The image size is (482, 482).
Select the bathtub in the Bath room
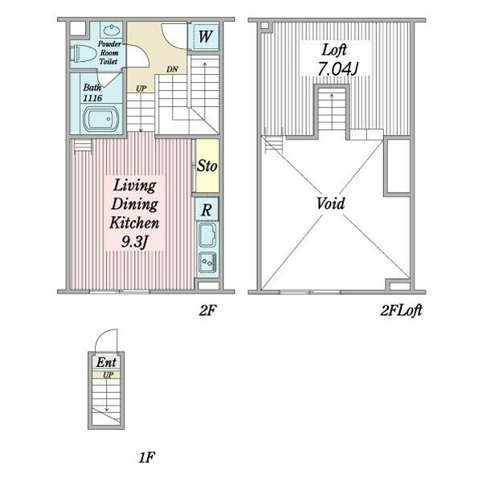(x=101, y=119)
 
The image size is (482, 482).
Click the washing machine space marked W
(x=205, y=36)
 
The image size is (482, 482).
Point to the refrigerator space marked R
(x=206, y=210)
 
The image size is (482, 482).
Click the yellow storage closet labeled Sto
(x=207, y=166)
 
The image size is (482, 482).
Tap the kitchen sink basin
(x=207, y=235)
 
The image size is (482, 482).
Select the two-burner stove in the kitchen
(x=207, y=262)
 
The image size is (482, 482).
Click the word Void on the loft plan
(x=331, y=203)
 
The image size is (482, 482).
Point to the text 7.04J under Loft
(x=337, y=69)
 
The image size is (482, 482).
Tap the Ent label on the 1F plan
(x=106, y=362)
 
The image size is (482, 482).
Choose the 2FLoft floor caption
(x=401, y=310)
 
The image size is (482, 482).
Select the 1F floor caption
(x=146, y=457)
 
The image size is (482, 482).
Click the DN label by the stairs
(x=172, y=69)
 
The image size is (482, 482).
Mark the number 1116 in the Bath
(x=92, y=98)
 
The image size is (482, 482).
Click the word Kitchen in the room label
(x=134, y=223)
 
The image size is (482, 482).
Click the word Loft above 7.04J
(x=334, y=50)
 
